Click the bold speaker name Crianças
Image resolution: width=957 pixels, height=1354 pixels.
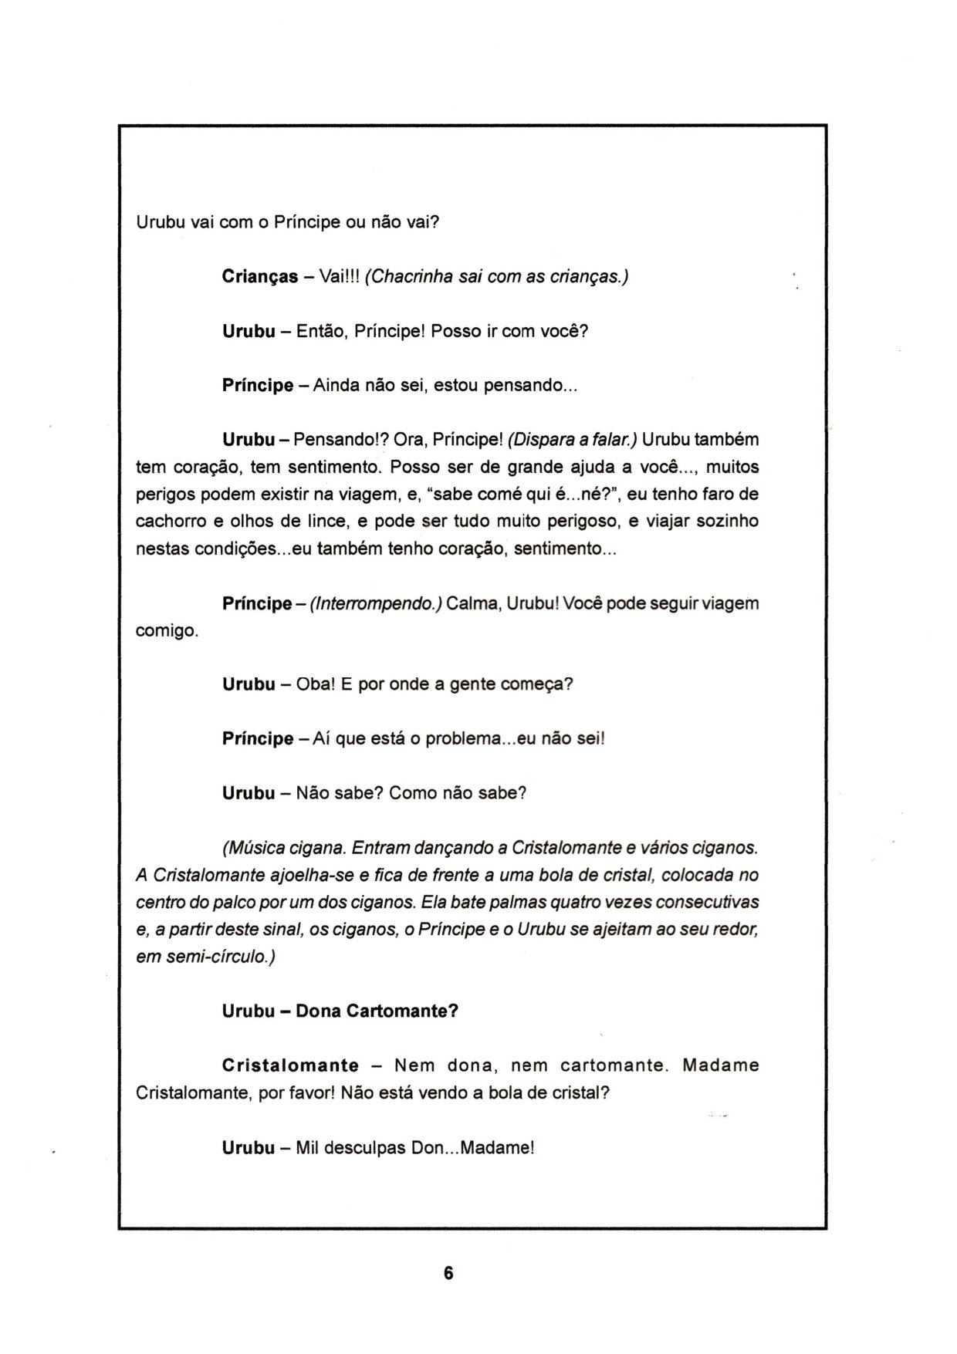click(260, 277)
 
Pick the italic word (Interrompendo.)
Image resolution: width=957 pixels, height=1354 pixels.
click(375, 603)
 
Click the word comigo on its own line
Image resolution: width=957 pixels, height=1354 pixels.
click(167, 631)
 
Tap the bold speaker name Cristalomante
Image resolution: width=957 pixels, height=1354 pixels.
click(290, 1066)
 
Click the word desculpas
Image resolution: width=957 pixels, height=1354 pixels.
click(366, 1148)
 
